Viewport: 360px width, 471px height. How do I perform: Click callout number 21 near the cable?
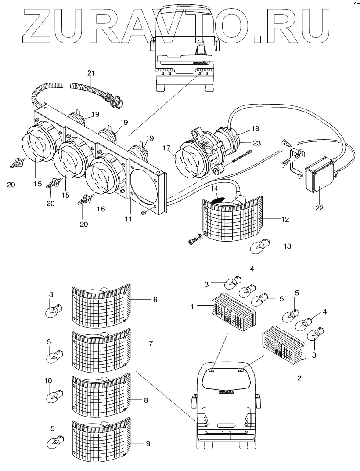(90, 72)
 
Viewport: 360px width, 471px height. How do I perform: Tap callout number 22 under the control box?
(320, 208)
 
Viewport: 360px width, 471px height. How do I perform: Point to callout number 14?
(215, 188)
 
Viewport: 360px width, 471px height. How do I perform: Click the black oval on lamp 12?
(218, 199)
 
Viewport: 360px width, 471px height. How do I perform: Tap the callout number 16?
(101, 209)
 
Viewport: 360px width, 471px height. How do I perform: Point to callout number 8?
(146, 400)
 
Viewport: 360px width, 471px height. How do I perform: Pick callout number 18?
(255, 129)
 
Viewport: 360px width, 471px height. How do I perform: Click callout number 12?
(285, 219)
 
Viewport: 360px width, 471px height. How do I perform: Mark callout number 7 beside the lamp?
(150, 343)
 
